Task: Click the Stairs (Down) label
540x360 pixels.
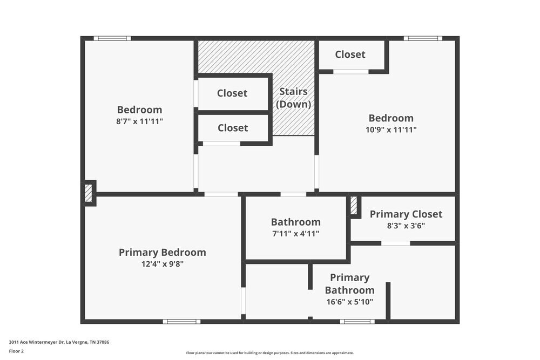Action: [293, 98]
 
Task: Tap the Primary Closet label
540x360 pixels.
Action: [406, 214]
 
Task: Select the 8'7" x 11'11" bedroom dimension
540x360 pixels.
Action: [139, 121]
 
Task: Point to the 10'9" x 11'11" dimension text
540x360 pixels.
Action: [391, 130]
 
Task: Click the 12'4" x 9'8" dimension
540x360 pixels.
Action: [162, 264]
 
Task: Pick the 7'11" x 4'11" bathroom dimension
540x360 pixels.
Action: [296, 234]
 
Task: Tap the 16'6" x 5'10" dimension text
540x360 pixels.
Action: [350, 302]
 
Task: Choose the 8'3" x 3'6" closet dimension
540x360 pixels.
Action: [406, 226]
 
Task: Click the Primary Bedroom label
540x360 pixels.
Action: [162, 252]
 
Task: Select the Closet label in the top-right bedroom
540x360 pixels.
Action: [350, 55]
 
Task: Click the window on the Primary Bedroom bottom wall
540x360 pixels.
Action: [181, 322]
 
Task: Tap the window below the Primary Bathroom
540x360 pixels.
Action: [357, 322]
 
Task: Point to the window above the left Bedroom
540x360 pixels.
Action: [112, 38]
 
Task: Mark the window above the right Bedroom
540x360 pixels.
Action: [423, 38]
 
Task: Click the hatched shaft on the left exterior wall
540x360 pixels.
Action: [89, 193]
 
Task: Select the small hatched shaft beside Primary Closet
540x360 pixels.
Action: [354, 206]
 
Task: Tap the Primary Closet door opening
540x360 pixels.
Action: [396, 243]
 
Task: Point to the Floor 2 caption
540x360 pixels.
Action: [16, 351]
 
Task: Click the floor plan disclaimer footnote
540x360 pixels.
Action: [270, 353]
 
